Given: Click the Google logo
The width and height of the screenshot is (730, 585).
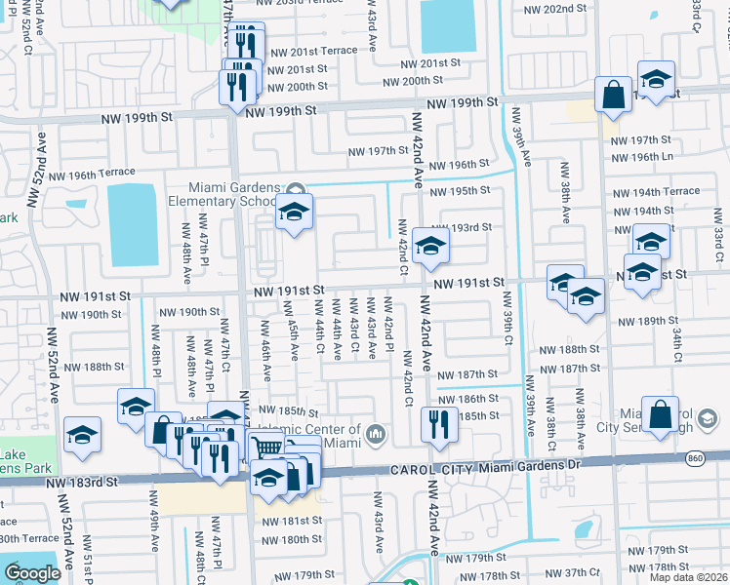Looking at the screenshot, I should pos(32,573).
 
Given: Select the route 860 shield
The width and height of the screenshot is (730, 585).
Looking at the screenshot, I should pos(719,456).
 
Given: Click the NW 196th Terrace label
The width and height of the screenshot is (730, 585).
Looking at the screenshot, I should pos(92,175).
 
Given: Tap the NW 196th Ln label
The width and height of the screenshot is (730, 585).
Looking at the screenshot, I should pos(641,156).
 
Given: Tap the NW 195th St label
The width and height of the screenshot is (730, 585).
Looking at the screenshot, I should pos(464,191).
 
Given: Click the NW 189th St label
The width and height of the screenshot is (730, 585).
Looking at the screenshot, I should pos(647,321).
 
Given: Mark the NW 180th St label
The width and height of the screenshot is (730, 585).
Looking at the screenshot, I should pos(288,539).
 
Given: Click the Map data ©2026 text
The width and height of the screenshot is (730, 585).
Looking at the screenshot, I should pos(689,577).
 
